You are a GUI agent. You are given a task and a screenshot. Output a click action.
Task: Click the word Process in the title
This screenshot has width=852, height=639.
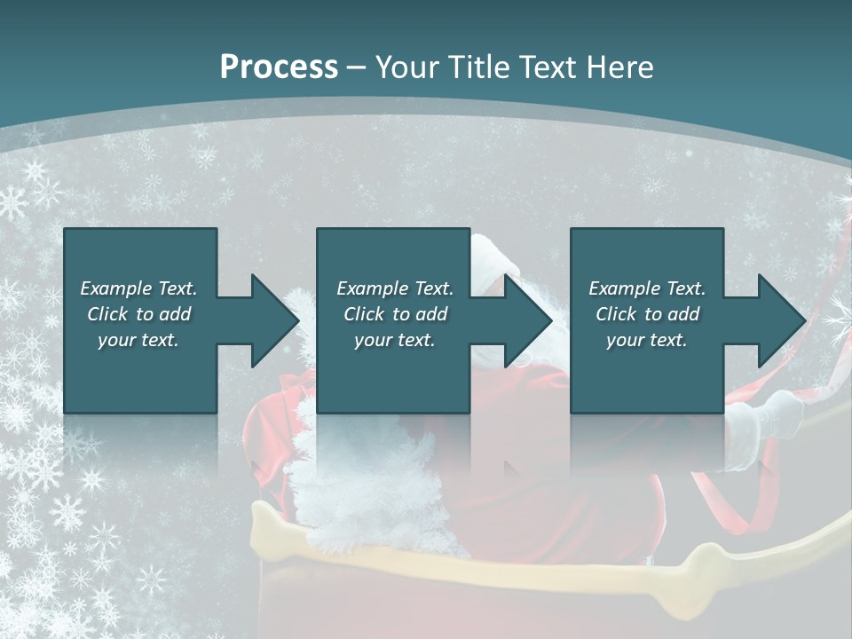pos(279,67)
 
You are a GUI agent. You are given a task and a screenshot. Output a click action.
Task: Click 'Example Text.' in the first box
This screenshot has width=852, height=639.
pos(138,288)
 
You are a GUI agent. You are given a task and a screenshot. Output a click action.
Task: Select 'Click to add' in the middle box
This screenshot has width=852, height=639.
pos(395,314)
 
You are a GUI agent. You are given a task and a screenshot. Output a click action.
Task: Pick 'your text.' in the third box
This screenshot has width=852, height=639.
pos(647,340)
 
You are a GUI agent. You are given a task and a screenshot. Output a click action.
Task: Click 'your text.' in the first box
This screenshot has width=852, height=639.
pos(138,340)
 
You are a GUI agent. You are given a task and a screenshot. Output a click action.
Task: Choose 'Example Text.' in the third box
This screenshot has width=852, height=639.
pos(647,288)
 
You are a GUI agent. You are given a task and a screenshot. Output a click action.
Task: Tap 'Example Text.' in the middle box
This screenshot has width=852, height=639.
pos(395,288)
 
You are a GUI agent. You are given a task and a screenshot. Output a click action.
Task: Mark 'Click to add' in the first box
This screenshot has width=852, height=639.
pos(138,314)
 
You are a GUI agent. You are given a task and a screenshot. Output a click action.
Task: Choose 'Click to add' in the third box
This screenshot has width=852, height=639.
pos(647,314)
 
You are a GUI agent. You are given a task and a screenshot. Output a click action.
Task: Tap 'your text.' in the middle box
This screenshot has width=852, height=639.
pos(395,340)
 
